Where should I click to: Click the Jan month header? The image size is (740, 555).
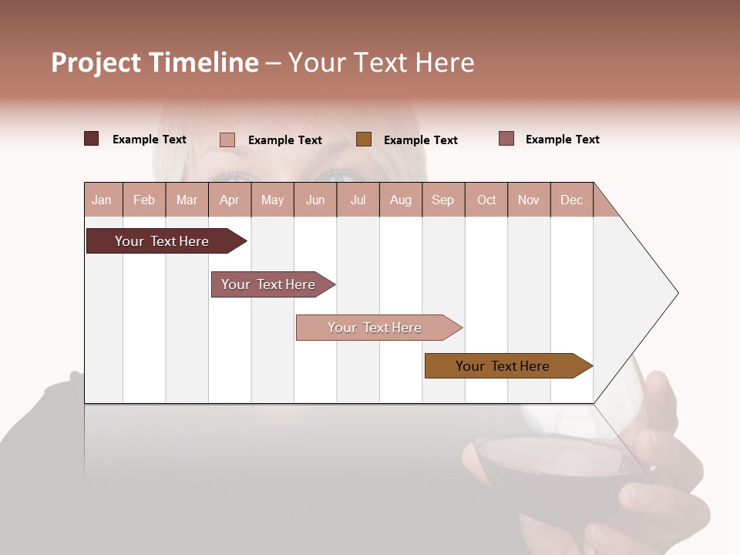103,200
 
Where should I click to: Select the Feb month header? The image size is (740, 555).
144,200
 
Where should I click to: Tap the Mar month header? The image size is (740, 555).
187,200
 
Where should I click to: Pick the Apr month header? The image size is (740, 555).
230,200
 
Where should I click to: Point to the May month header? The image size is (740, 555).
272,200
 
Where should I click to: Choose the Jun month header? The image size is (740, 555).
315,200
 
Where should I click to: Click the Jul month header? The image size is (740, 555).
358,200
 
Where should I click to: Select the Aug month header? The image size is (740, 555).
401,200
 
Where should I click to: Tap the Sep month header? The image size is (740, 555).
443,200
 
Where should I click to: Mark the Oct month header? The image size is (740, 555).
486,200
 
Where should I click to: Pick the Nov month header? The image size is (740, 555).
529,200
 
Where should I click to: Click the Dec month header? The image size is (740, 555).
572,200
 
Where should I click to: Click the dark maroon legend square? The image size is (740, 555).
92,139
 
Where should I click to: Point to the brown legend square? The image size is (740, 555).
364,139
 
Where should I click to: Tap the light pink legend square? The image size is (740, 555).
227,140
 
